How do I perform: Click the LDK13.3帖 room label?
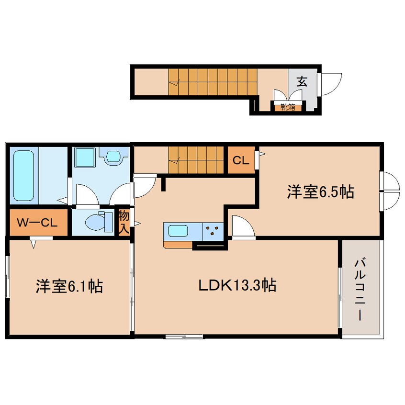pos(237,285)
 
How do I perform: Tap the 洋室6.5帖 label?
pos(320,192)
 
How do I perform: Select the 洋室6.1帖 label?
pos(69,286)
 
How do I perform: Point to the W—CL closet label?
pos(37,223)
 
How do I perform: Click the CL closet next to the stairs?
pos(241,160)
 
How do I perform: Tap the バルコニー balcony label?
pos(360,290)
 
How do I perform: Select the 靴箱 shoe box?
pos(288,107)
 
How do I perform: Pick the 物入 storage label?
pos(124,222)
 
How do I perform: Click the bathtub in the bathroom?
pos(24,176)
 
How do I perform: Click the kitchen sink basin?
pos(178,230)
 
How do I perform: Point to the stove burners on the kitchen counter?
pos(213,231)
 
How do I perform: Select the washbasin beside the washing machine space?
pos(114,156)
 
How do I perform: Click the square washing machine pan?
pos(85,157)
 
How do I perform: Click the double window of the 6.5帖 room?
pos(390,191)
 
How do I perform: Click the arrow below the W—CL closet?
pos(34,244)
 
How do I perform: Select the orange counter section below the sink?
pos(178,244)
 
